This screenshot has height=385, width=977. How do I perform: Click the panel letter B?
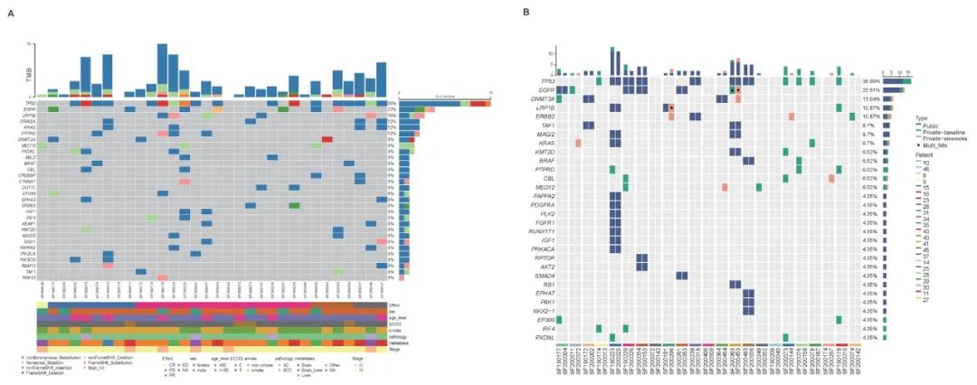tap(526, 12)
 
